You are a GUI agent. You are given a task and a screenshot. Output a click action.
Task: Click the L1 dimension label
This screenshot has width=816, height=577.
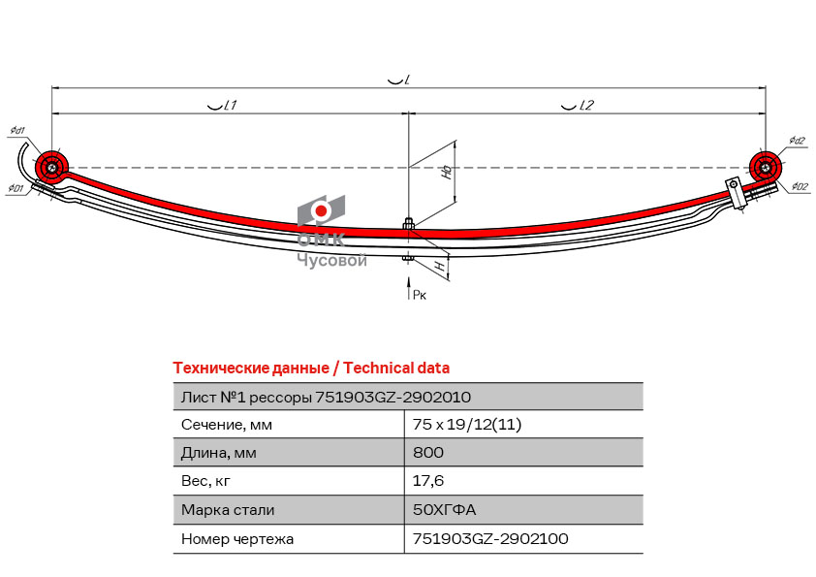click(x=222, y=105)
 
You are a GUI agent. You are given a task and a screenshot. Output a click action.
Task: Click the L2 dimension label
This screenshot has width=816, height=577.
click(x=578, y=105)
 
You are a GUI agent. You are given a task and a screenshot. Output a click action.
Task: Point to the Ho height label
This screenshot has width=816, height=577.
click(x=447, y=172)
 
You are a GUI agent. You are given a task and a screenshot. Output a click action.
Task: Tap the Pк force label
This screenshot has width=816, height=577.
click(x=420, y=295)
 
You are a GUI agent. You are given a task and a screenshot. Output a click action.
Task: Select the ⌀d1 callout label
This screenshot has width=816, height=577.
click(x=17, y=131)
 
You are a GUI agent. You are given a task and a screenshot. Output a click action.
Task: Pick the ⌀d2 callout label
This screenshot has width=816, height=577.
click(x=797, y=141)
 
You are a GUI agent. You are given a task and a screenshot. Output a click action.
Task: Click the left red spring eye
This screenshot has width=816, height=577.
click(x=52, y=167)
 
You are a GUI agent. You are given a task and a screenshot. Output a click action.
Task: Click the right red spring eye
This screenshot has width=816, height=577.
click(x=766, y=168)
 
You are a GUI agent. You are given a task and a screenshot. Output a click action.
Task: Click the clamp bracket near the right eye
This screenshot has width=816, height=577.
click(x=736, y=193)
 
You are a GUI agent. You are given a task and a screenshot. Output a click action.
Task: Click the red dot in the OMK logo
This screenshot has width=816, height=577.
click(x=321, y=210)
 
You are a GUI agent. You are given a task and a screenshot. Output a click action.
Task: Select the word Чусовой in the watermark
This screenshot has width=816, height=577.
click(x=332, y=260)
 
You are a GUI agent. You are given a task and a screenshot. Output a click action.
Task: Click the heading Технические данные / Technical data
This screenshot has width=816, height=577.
click(x=311, y=369)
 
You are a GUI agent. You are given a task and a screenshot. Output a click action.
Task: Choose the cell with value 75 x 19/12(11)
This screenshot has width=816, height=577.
click(x=467, y=425)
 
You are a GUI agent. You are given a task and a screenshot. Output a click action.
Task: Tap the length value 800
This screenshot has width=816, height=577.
click(x=428, y=452)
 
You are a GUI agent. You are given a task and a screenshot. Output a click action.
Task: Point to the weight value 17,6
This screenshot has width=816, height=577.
click(x=428, y=481)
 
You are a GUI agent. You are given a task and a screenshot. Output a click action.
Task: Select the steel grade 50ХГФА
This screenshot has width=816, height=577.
click(x=445, y=509)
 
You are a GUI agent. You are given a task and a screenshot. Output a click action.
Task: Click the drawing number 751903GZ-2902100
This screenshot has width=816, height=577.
click(x=490, y=538)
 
